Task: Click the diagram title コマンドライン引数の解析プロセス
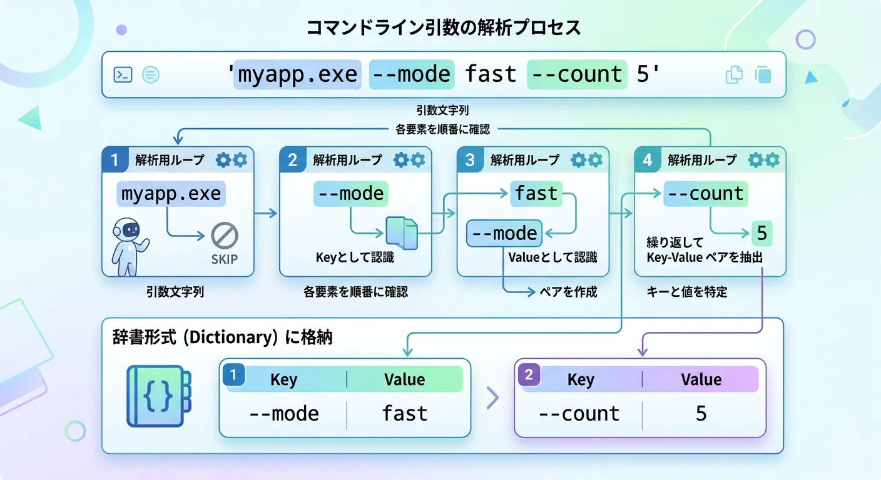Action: click(444, 28)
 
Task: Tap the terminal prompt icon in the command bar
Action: click(122, 75)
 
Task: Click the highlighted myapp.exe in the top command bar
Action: click(297, 75)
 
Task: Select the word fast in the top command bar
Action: click(491, 75)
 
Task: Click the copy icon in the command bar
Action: click(733, 75)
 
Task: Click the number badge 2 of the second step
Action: click(292, 160)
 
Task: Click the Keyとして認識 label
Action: click(355, 257)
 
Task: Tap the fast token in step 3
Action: click(536, 194)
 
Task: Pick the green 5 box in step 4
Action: click(761, 234)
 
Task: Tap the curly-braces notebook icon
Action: click(158, 396)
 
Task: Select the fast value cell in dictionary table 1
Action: click(405, 413)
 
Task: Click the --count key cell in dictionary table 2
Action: click(579, 413)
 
